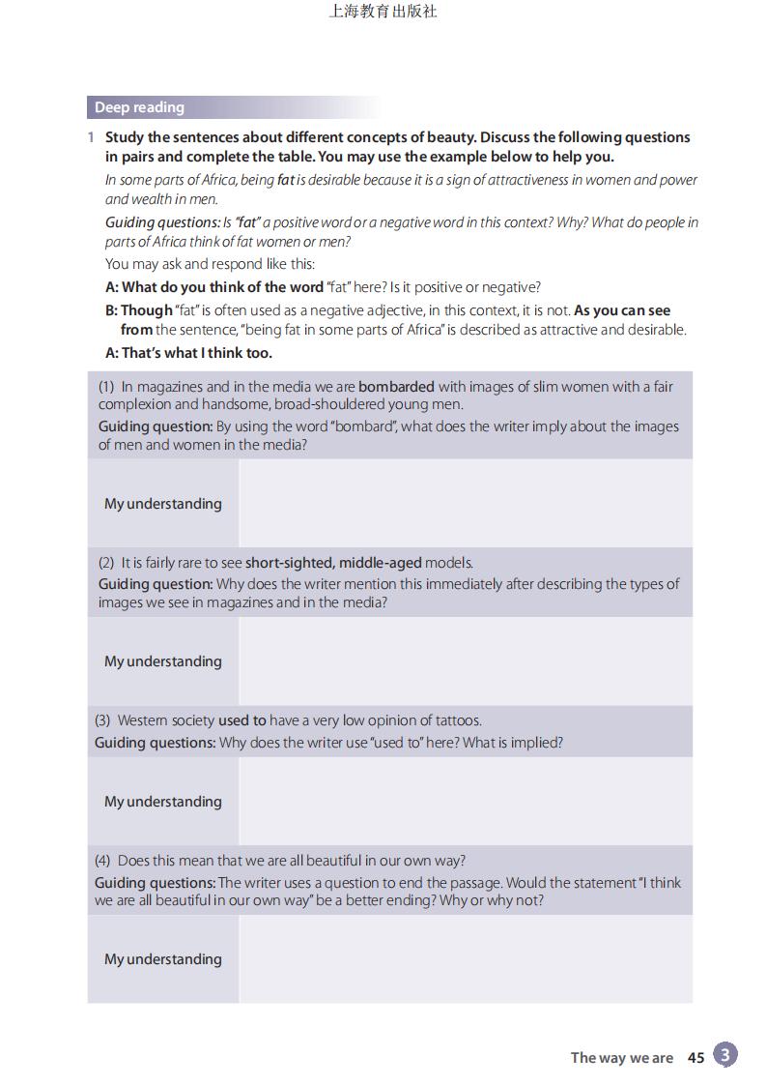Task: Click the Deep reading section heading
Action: pos(139,107)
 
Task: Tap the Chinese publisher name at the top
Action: pos(383,12)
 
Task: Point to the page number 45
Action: pos(696,1058)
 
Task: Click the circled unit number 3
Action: pos(725,1055)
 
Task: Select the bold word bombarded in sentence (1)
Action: pos(396,387)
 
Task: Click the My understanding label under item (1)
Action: pos(163,504)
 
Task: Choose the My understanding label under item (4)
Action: pos(163,959)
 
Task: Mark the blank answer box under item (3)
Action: pos(466,802)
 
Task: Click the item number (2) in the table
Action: pos(106,563)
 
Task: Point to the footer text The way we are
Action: pos(621,1058)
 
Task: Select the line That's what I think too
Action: pos(188,353)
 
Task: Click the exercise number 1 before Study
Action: pos(91,137)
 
